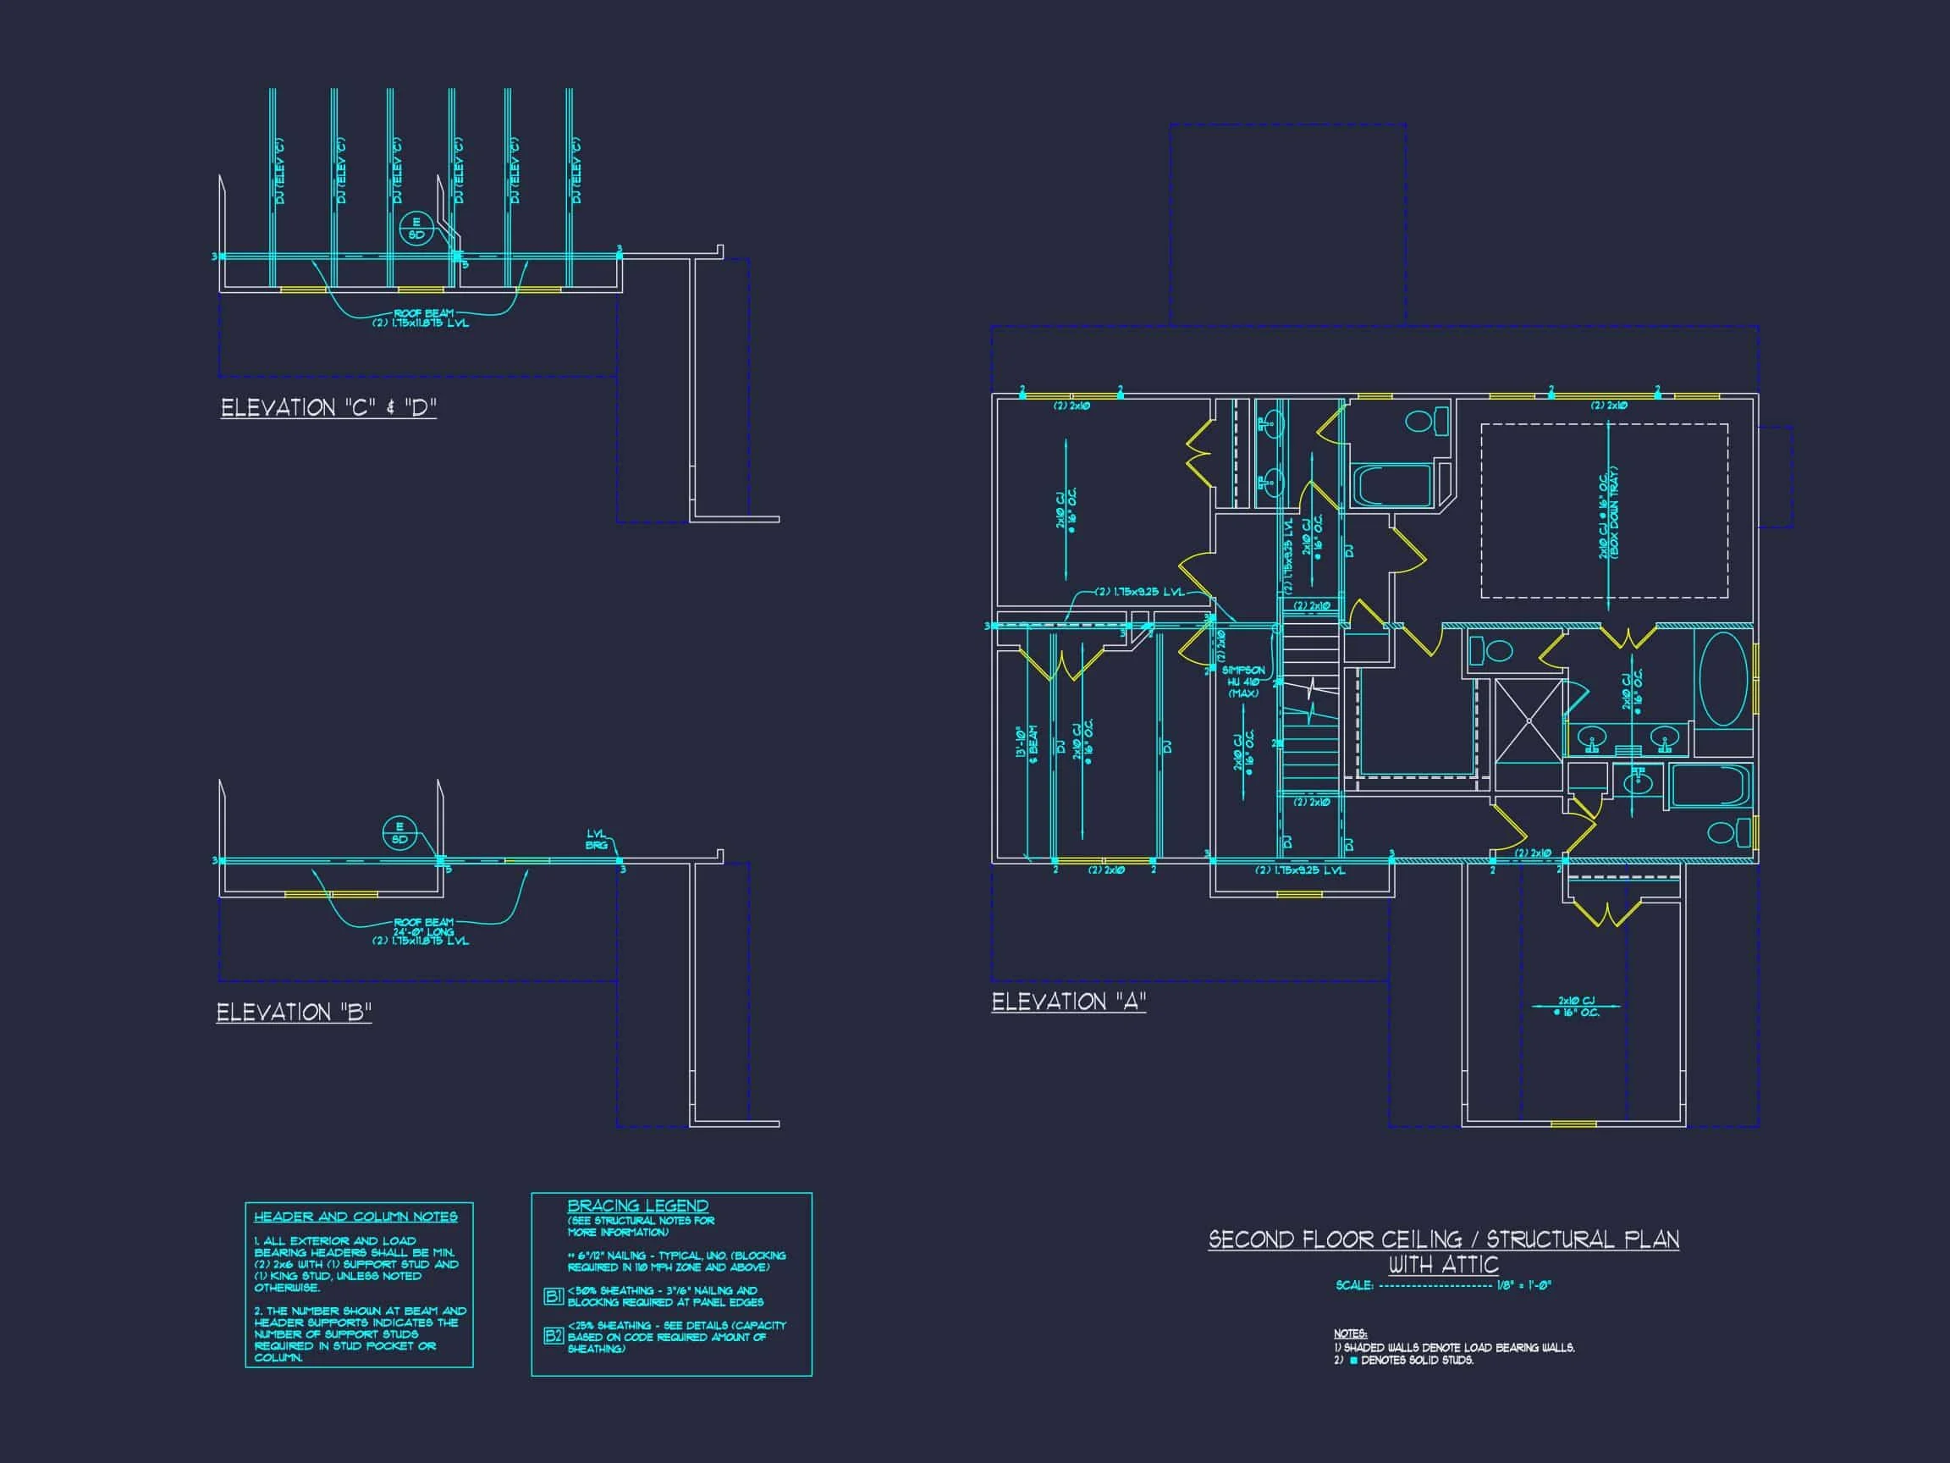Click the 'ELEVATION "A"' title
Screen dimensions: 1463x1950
pyautogui.click(x=1068, y=1002)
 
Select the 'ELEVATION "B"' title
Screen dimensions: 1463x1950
pyautogui.click(x=295, y=1012)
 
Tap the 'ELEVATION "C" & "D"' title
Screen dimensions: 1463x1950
pyautogui.click(x=328, y=407)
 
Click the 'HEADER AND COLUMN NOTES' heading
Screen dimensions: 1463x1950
pyautogui.click(x=355, y=1217)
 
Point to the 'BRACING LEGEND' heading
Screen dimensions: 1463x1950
pyautogui.click(x=637, y=1206)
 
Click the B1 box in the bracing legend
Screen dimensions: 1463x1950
pyautogui.click(x=553, y=1296)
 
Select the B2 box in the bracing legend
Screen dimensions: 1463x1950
pyautogui.click(x=553, y=1336)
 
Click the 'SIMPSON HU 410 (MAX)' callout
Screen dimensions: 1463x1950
pyautogui.click(x=1243, y=682)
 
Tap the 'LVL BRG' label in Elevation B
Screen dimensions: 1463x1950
pyautogui.click(x=597, y=839)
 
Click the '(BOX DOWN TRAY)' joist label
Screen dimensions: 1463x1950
pyautogui.click(x=1615, y=511)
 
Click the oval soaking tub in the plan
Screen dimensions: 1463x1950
pyautogui.click(x=1722, y=680)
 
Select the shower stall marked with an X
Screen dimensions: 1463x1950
pyautogui.click(x=1528, y=720)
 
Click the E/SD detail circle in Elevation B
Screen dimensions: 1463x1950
pyautogui.click(x=399, y=832)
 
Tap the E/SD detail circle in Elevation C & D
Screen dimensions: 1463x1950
pyautogui.click(x=416, y=229)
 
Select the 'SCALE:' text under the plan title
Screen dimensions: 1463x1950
pyautogui.click(x=1354, y=1286)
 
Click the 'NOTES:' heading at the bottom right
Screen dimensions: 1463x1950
pyautogui.click(x=1350, y=1334)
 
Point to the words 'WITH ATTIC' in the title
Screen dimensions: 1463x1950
pyautogui.click(x=1443, y=1265)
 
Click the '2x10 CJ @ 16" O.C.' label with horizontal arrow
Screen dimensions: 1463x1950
pyautogui.click(x=1575, y=1006)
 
